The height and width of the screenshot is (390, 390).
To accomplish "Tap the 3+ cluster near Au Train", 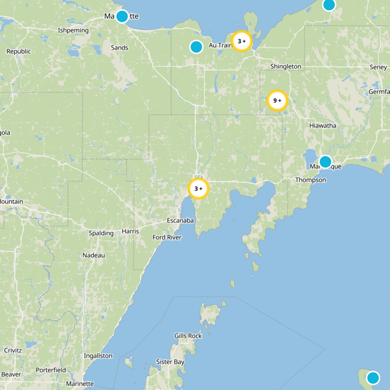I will (241, 41).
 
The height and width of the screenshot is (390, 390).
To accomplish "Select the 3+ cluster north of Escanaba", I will (198, 189).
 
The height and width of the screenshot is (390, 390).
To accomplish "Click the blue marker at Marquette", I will (122, 16).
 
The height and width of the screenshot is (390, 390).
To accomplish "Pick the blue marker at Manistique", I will (325, 161).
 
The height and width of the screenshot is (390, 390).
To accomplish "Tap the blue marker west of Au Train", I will (196, 47).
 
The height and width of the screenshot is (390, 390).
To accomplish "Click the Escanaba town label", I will (180, 221).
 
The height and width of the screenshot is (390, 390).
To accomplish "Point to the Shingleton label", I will (286, 66).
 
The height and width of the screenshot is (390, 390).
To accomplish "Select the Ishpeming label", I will (73, 30).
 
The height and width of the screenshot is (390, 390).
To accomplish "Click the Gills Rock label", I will (188, 336).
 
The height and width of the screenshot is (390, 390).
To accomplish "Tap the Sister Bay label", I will (170, 362).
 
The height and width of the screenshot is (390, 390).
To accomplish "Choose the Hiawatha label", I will (323, 125).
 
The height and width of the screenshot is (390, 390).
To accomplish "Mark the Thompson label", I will (311, 180).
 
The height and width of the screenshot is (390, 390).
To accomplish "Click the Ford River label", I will (167, 237).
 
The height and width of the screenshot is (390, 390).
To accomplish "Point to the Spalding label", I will (101, 233).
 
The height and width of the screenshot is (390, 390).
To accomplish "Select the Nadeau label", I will (94, 255).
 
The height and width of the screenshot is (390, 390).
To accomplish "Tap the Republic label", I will (19, 51).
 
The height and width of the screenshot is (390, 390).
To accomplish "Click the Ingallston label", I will (98, 356).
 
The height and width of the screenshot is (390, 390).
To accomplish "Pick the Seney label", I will (378, 67).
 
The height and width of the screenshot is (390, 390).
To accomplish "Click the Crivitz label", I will (13, 350).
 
